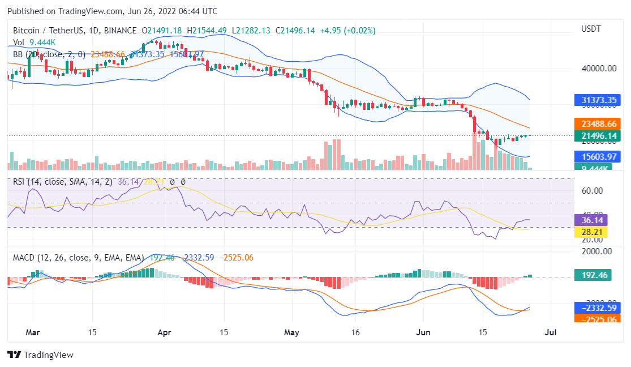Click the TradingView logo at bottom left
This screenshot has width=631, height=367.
pos(40,355)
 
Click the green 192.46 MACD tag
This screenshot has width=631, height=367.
pos(594,275)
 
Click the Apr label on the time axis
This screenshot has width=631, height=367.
pos(165,332)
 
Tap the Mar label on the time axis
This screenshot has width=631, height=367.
pos(33,332)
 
